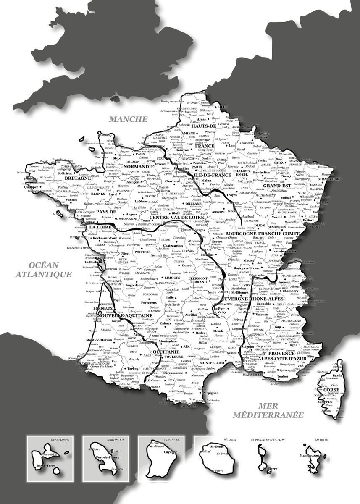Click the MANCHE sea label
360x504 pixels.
pyautogui.click(x=128, y=119)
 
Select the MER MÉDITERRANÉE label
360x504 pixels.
pyautogui.click(x=268, y=410)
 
